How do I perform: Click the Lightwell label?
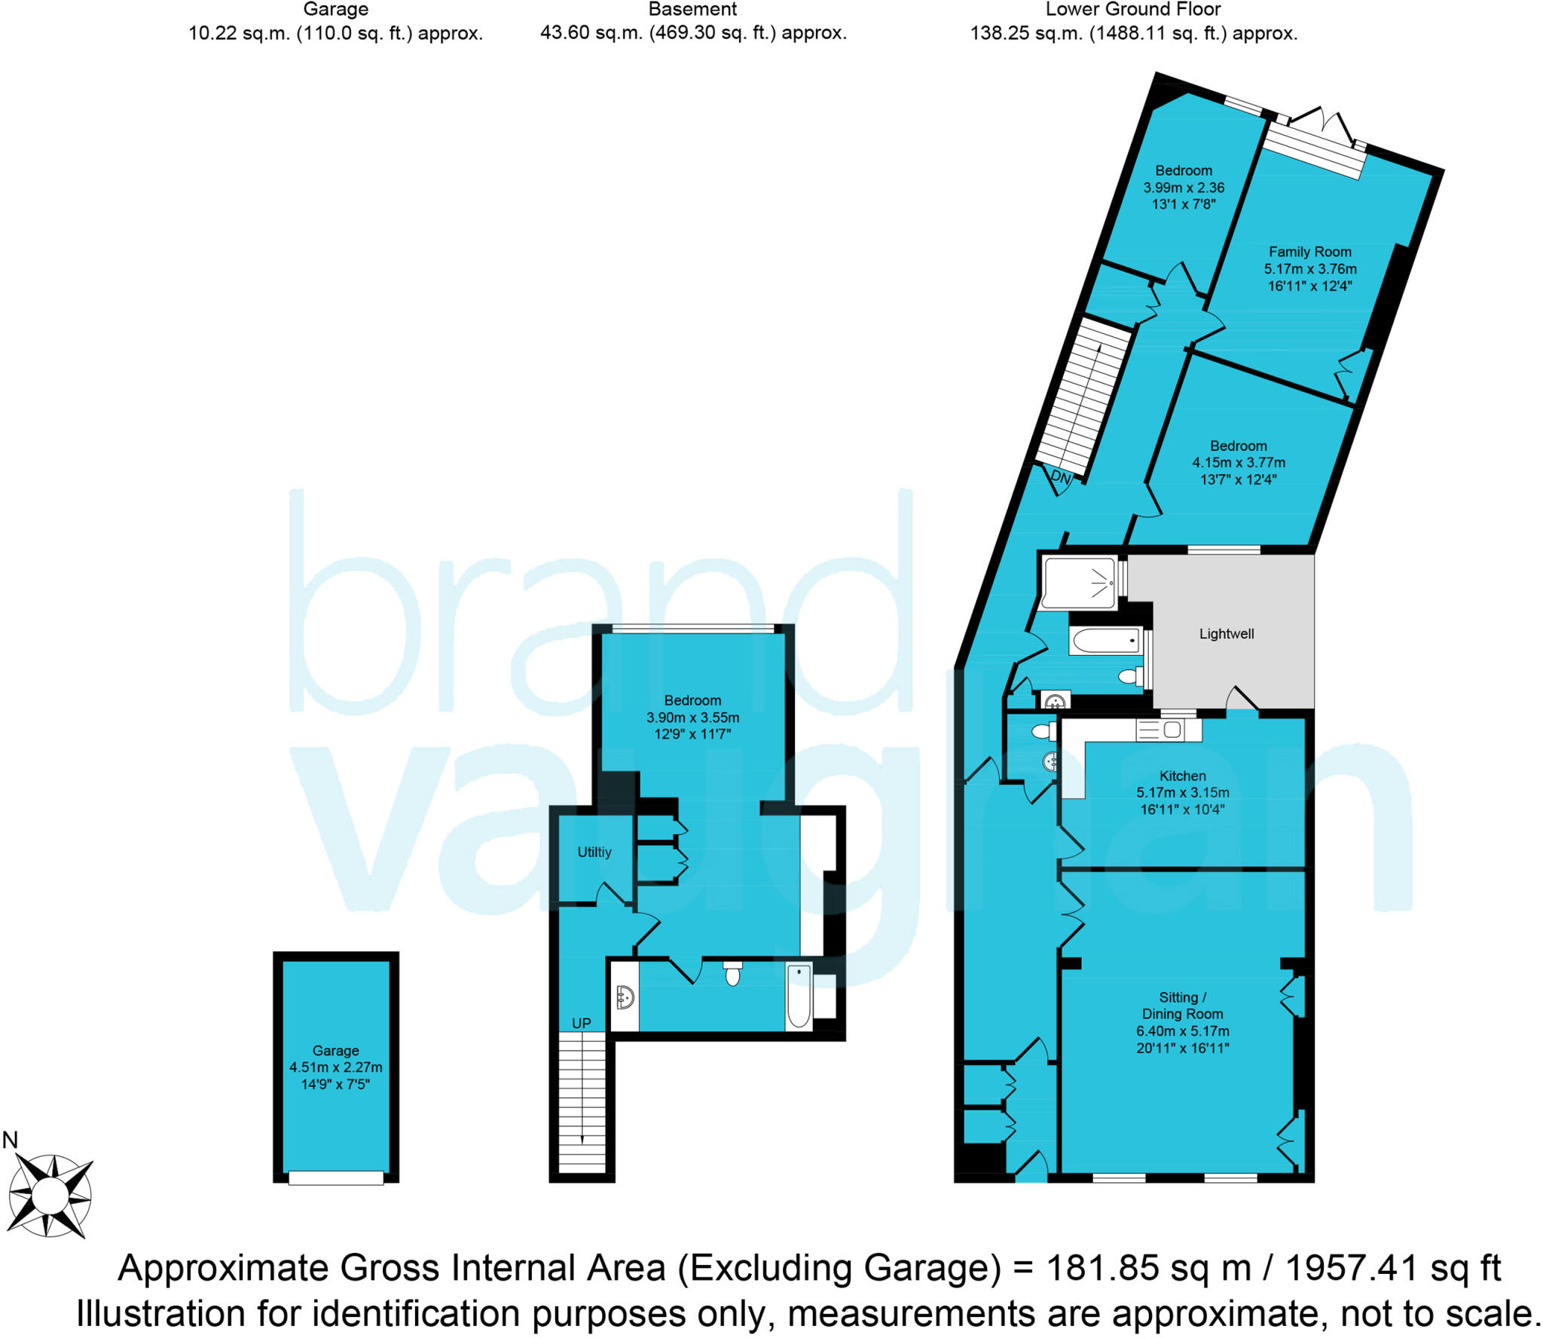coord(1226,634)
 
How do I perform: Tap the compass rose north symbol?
coord(50,1196)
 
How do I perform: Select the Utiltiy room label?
coord(594,852)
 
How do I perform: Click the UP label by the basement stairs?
coord(581,1023)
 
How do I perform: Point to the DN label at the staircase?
coord(1060,477)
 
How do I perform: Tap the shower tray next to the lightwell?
coord(1078,582)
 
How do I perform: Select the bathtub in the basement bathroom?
coord(799,996)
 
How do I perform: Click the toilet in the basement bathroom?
coord(732,974)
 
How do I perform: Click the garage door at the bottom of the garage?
coord(336,1177)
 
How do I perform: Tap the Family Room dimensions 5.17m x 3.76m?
coord(1309,269)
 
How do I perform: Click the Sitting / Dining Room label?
coord(1182,1006)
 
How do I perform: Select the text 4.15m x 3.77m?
coord(1238,463)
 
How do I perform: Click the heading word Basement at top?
coord(692,10)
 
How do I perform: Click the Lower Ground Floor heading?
coord(1132,10)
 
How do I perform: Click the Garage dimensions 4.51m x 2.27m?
coord(335,1067)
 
